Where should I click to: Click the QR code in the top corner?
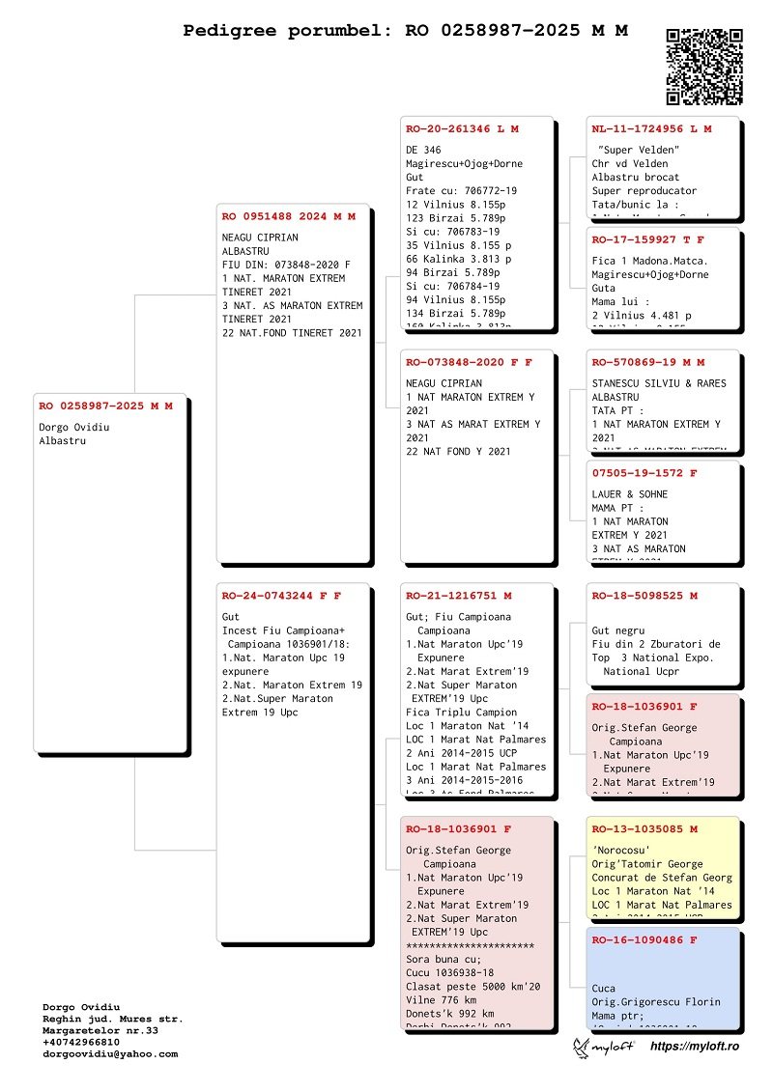(704, 67)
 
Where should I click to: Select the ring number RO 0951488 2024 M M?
(288, 216)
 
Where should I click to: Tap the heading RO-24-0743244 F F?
(281, 595)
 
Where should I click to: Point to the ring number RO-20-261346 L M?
(462, 128)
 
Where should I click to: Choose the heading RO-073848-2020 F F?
(469, 362)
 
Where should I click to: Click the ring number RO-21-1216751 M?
(459, 596)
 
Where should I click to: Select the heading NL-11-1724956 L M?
(651, 128)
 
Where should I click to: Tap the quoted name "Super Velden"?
(639, 150)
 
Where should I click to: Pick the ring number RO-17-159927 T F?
(648, 239)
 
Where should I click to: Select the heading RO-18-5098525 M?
(644, 596)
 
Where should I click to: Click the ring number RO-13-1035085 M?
(644, 829)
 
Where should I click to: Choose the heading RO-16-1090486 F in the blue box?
(644, 939)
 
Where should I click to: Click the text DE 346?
(423, 150)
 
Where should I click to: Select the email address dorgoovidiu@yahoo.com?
(110, 1054)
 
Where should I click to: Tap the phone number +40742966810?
(81, 1042)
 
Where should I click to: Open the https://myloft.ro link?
(695, 1047)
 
